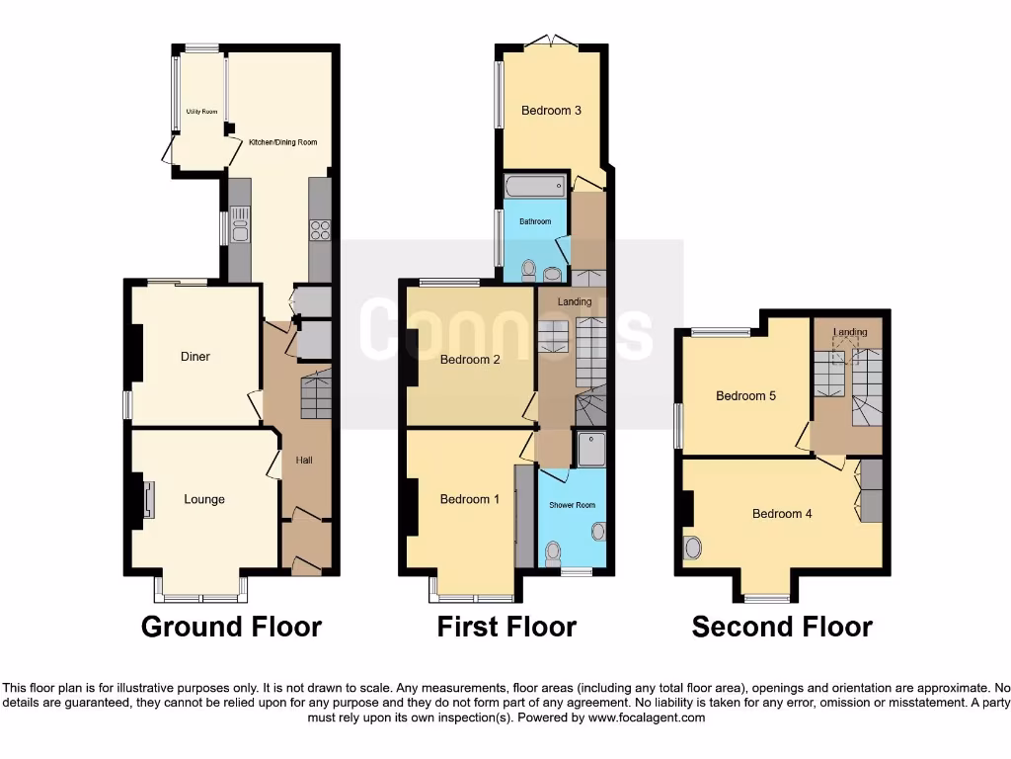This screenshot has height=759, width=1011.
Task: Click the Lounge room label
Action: click(x=204, y=499)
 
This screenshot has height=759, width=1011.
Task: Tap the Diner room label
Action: click(x=195, y=357)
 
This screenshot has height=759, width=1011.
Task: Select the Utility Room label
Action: click(x=201, y=112)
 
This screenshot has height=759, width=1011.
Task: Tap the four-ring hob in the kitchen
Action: click(x=321, y=229)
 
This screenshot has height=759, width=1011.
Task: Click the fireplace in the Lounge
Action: click(x=148, y=499)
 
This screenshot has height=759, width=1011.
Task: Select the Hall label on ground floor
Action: click(x=305, y=460)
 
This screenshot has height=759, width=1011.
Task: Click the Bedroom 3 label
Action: click(x=551, y=111)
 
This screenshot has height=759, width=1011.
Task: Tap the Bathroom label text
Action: click(x=535, y=221)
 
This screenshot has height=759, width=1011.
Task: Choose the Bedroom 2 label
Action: click(x=470, y=360)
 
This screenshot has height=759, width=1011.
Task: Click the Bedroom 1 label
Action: click(x=470, y=499)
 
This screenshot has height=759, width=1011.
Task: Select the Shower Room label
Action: click(x=573, y=505)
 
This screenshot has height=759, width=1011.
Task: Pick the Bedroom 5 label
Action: click(x=745, y=396)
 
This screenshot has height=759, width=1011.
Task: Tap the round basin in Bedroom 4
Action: click(x=693, y=547)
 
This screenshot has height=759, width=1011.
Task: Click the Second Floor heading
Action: click(x=782, y=627)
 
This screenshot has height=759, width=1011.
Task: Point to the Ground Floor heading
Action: click(x=231, y=627)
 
